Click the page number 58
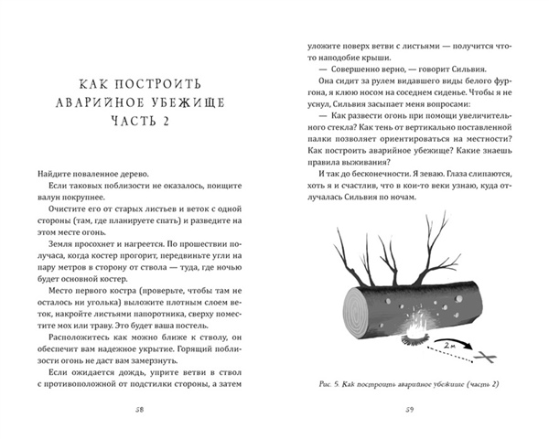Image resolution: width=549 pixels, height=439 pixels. (140, 409)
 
